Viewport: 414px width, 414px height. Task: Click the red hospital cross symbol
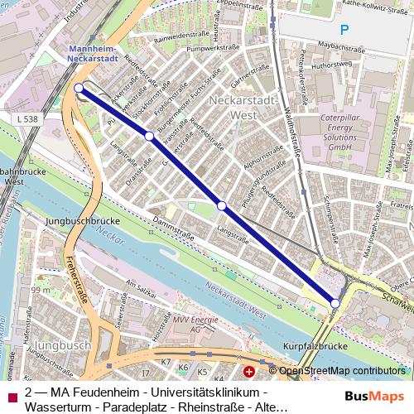[249, 371]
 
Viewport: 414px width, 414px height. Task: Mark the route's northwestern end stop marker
[79, 88]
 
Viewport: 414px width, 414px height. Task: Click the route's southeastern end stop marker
[335, 304]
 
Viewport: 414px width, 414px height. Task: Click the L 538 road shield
[26, 119]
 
